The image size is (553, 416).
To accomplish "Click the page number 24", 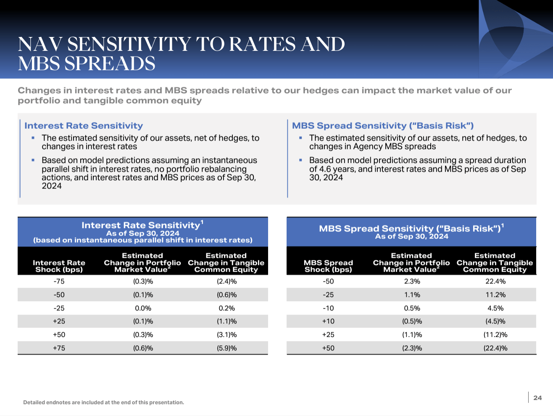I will coord(537,398).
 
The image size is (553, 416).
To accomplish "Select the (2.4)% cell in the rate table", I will coord(226,281).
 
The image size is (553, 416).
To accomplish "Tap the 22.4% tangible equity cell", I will coord(495,281).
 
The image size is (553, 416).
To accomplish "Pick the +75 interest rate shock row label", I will coord(59,348).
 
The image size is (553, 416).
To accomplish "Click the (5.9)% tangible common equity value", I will coord(226,348).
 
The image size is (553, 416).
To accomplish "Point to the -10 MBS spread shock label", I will coord(328,308).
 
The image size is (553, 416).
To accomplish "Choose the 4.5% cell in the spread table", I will coord(495,308).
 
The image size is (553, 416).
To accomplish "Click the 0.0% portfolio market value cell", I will coord(143,308).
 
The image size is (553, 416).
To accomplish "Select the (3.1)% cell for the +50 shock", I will coord(226,335).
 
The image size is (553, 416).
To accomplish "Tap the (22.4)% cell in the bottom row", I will coord(495,348).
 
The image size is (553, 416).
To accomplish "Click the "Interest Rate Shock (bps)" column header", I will coord(59,266).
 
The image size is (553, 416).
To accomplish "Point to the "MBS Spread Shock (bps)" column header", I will coord(328,266).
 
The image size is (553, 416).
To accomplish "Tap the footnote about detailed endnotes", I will coord(103,403).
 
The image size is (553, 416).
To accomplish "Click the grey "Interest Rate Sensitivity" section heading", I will coord(84,126).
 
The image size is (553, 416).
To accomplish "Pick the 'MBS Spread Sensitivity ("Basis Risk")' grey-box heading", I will coord(383,126).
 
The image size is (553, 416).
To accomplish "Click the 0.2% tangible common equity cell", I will coord(226,308).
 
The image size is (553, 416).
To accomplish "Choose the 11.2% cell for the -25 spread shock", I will coord(495,295).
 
